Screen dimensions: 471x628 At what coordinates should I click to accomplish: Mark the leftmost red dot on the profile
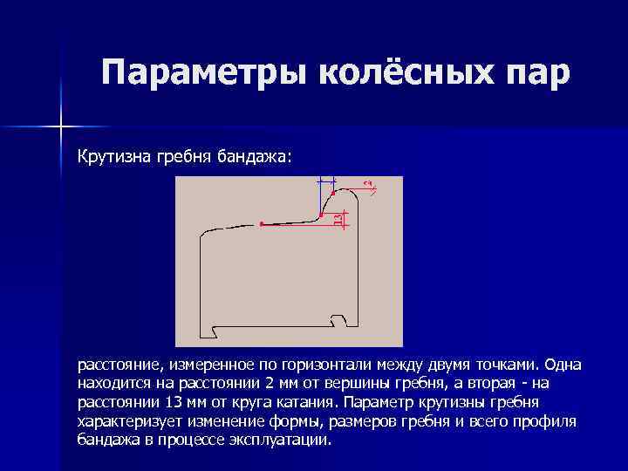point(262,224)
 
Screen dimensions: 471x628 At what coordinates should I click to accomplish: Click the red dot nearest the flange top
point(334,192)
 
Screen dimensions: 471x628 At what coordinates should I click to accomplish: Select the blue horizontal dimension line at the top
point(326,179)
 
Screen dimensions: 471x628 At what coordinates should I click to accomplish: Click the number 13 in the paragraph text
point(172,403)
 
